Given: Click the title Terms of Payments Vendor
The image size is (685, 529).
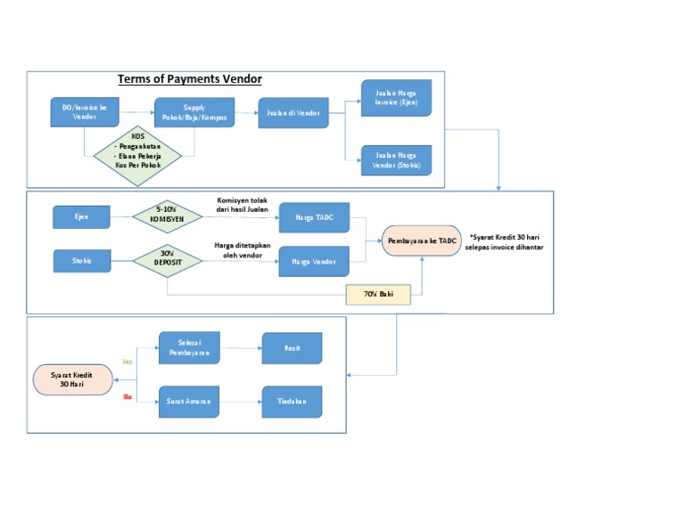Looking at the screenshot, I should pos(189,79).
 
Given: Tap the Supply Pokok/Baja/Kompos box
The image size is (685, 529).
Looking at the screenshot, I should pos(194,112).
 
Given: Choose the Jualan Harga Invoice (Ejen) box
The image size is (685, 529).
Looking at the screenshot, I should pos(396,98).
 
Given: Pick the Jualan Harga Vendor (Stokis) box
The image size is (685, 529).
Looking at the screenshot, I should pos(396,159).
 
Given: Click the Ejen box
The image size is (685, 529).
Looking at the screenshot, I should pos(81,216).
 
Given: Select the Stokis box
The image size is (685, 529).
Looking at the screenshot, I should pos(81,260).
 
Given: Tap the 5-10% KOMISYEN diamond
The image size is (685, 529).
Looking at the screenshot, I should pos(167,216).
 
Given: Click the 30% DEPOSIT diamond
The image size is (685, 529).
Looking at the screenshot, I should pos(167,260).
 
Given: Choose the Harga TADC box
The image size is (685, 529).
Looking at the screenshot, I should pos(314,217).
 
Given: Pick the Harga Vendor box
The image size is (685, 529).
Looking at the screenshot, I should pos(314,261).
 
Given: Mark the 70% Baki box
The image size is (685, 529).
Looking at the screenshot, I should pos(379,294).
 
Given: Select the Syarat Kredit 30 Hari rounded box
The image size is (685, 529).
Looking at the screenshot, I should pos(73,379).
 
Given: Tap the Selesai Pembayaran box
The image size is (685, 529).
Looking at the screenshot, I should pos(188,348).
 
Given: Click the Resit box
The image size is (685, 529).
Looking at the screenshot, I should pos(291,348).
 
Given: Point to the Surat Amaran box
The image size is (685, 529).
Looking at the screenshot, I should pos(188,402).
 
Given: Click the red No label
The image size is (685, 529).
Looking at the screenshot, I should pos(128,396).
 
